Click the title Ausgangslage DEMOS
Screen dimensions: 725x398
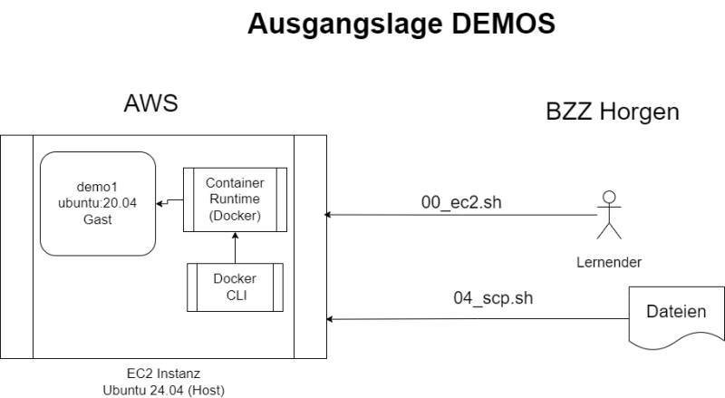pos(401,24)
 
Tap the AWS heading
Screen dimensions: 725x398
pos(150,103)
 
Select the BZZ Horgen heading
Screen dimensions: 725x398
pos(613,112)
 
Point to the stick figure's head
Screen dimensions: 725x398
pos(609,197)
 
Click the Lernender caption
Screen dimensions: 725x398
pos(609,262)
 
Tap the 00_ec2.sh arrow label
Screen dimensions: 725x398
pos(461,203)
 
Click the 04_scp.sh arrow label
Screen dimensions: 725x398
pos(493,298)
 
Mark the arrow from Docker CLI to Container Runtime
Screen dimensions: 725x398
pos(235,248)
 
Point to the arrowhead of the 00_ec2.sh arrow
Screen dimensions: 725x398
pos(327,215)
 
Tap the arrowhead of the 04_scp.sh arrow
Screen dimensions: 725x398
pos(329,319)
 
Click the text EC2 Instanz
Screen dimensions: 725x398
pos(164,374)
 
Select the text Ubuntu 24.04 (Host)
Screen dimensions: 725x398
pos(164,390)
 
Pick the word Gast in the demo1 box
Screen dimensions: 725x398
pos(98,219)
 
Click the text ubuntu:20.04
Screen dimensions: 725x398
pos(98,203)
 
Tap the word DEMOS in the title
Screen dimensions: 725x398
pos(504,24)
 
